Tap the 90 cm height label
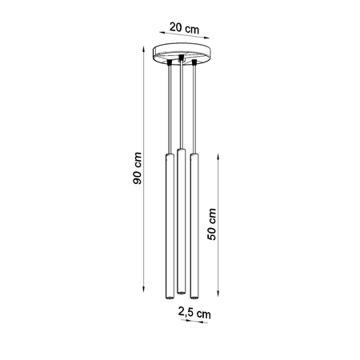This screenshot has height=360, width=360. click(138, 170)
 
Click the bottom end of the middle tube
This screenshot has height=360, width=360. click(182, 290)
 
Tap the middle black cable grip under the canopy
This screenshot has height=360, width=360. click(182, 58)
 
